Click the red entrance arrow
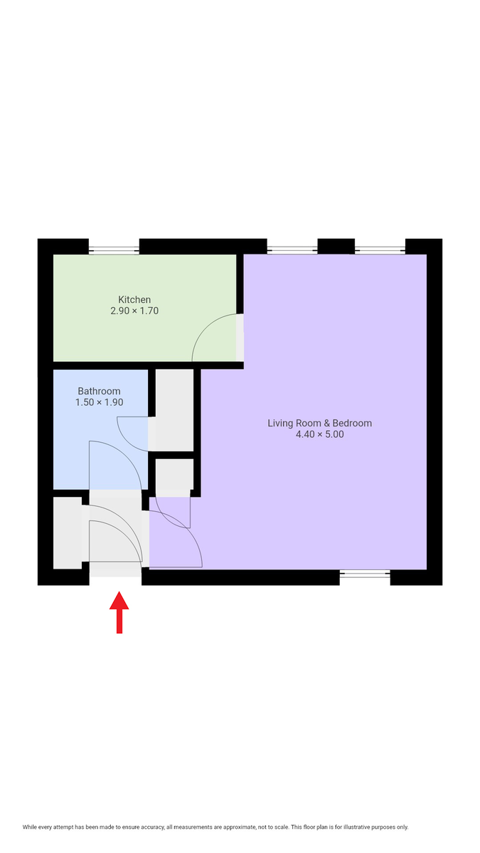[119, 612]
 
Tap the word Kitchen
[134, 299]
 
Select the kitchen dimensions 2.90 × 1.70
[134, 311]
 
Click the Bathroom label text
[99, 391]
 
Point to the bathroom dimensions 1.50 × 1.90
[99, 402]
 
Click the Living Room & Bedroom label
[319, 423]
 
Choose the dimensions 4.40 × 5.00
[319, 434]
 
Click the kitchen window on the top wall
[114, 249]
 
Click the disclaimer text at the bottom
[215, 827]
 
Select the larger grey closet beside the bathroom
[174, 409]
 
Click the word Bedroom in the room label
[352, 423]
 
